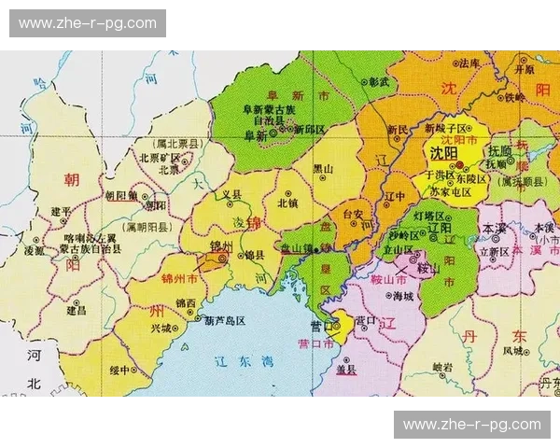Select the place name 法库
click(467, 63)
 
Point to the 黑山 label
click(322, 169)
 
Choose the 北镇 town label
click(287, 202)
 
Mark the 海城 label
click(402, 296)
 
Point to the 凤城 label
click(512, 352)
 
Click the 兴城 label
click(161, 329)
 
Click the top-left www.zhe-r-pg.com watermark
click(88, 23)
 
